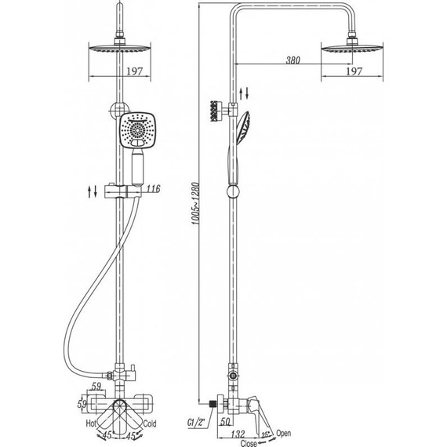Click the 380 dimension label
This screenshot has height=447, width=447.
[x=293, y=60]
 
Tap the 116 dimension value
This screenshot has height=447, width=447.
[x=154, y=189]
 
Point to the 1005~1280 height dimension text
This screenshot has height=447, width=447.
[x=196, y=204]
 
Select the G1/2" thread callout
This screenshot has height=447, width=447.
[x=196, y=423]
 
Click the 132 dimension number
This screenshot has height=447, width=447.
[x=238, y=434]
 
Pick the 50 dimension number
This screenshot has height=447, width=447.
[x=225, y=421]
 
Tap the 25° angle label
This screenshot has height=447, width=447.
[x=265, y=435]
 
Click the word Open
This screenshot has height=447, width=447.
[x=283, y=434]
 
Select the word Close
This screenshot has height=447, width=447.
[x=249, y=443]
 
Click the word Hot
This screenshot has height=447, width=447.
[x=91, y=423]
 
